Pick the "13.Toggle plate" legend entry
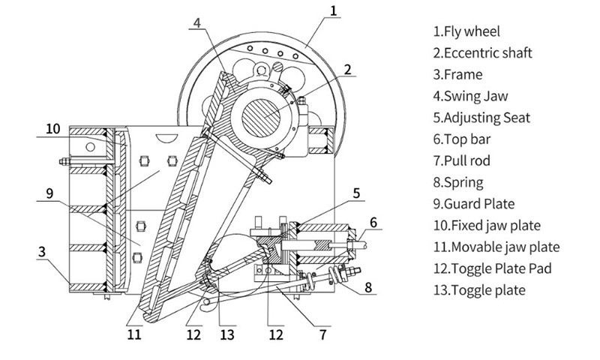pos(478,289)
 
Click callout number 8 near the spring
pos(368,285)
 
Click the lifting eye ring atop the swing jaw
pos(262,70)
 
